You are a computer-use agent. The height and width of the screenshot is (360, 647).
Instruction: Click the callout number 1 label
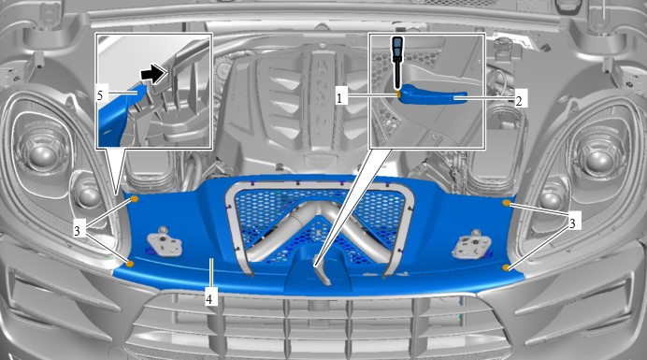coord(339,98)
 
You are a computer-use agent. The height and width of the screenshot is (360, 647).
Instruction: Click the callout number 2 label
coord(519,100)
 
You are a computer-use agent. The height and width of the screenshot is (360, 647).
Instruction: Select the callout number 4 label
coord(209,298)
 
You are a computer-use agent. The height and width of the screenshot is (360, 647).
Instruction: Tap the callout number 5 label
coord(100,95)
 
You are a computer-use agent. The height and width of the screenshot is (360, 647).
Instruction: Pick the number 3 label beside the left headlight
coord(78,230)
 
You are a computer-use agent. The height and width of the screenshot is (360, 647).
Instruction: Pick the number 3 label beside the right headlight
coord(572,223)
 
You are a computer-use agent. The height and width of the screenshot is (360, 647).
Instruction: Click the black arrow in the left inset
coord(154,74)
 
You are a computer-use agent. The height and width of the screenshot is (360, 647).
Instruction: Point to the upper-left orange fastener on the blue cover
coord(134,200)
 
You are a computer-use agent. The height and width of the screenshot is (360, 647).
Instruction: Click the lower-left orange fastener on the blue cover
coord(130,264)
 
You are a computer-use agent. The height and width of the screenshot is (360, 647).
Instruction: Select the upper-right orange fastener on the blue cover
coord(506,203)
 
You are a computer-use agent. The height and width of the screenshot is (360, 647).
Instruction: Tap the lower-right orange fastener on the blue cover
coord(506,268)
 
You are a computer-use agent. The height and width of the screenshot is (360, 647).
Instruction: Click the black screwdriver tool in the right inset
coord(397,63)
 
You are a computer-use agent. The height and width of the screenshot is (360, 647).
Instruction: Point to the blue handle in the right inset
coord(433,94)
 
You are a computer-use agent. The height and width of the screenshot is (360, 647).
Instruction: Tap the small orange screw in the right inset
coord(397,94)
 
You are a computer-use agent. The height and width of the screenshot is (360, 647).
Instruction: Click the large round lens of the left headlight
coord(42,158)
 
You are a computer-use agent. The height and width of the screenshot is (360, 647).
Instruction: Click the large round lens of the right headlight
coord(597,159)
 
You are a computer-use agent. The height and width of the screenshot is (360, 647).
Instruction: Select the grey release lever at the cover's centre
coord(321,270)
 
